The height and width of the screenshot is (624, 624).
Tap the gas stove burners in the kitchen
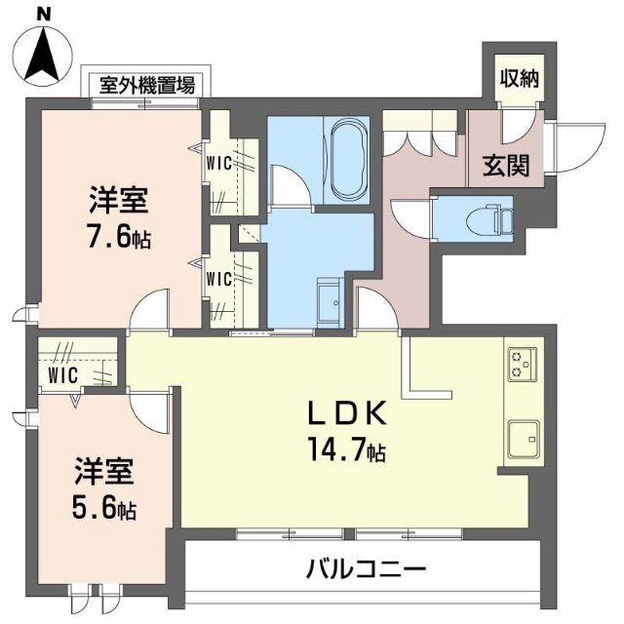[x=519, y=365]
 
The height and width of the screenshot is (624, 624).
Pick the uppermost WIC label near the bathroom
[x=218, y=163]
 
